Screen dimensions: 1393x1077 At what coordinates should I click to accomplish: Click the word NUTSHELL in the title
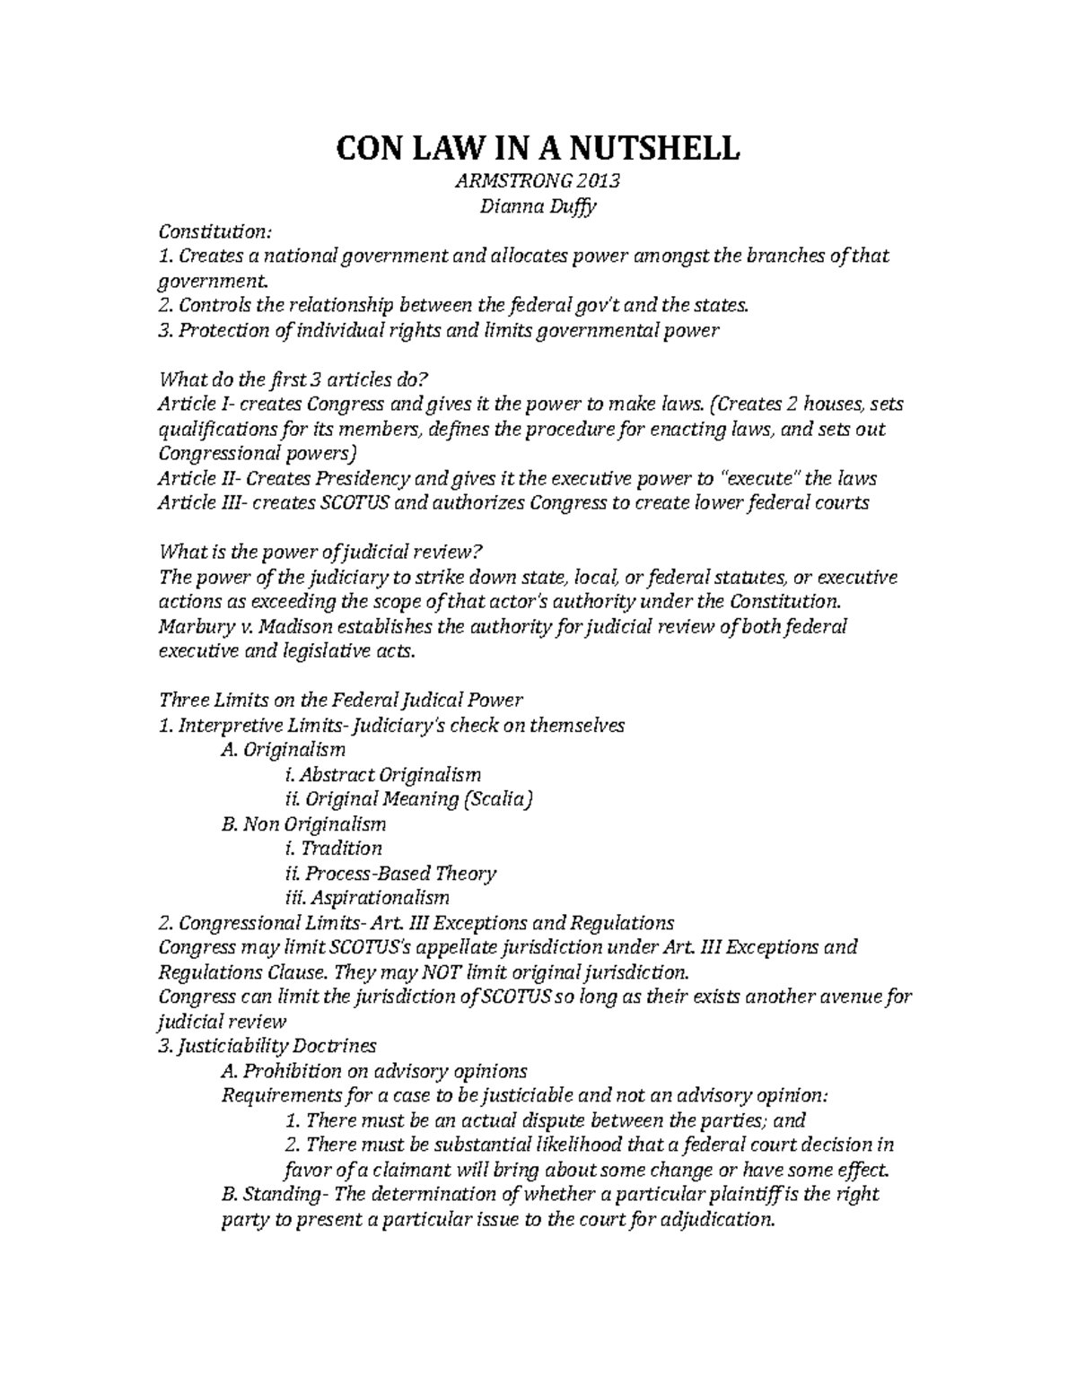pyautogui.click(x=644, y=147)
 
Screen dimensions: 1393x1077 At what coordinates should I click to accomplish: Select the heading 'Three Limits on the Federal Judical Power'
pyautogui.click(x=340, y=699)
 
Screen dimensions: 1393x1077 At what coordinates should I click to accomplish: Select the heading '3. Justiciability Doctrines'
pyautogui.click(x=267, y=1046)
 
